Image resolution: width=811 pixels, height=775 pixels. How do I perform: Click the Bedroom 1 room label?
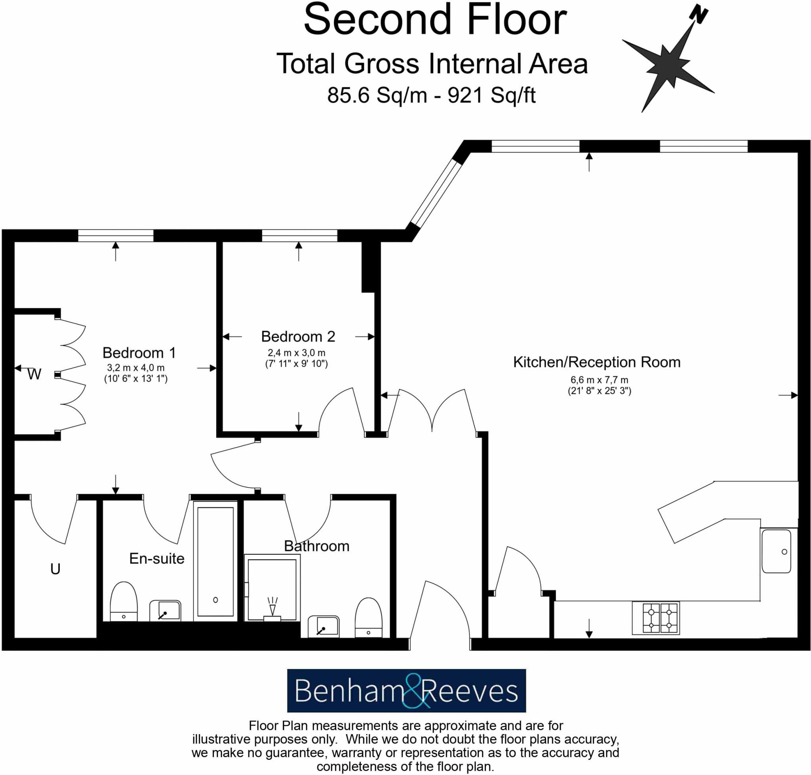pyautogui.click(x=139, y=353)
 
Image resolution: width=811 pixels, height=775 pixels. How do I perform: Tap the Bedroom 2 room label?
pyautogui.click(x=298, y=337)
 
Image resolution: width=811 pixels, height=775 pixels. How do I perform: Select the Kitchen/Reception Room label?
pyautogui.click(x=596, y=362)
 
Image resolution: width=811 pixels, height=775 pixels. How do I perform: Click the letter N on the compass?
pyautogui.click(x=699, y=15)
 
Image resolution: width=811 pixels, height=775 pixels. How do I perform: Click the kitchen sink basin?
pyautogui.click(x=776, y=551)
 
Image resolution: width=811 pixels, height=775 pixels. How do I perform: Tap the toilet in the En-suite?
pyautogui.click(x=123, y=601)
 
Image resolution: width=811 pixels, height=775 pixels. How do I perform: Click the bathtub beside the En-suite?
pyautogui.click(x=215, y=561)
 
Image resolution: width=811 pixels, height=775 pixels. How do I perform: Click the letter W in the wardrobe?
pyautogui.click(x=34, y=374)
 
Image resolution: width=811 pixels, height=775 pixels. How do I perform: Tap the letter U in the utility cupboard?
pyautogui.click(x=55, y=569)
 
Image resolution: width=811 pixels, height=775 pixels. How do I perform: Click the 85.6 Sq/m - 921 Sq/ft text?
pyautogui.click(x=431, y=95)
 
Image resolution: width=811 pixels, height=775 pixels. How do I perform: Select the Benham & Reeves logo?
pyautogui.click(x=406, y=691)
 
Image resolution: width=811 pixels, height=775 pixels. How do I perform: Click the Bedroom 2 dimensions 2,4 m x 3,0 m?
pyautogui.click(x=296, y=353)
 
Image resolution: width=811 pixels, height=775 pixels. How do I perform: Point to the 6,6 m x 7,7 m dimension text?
pyautogui.click(x=599, y=380)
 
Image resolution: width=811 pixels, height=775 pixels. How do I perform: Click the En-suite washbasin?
pyautogui.click(x=165, y=610)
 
